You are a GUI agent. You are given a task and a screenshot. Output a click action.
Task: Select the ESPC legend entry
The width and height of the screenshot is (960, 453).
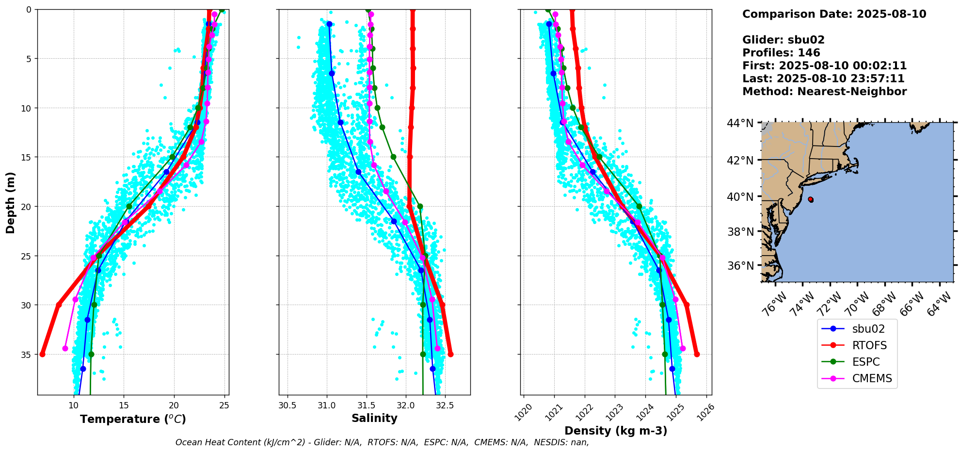(865, 362)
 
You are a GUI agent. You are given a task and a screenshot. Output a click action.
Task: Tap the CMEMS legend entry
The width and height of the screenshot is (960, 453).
(872, 378)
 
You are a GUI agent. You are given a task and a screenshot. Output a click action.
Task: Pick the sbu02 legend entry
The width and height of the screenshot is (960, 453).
(868, 329)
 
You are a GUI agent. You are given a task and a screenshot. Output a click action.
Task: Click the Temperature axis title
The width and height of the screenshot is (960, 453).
(133, 419)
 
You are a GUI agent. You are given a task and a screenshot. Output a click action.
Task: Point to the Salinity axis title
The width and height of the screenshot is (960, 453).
(374, 419)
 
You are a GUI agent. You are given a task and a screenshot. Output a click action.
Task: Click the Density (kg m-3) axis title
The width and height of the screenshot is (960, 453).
(616, 431)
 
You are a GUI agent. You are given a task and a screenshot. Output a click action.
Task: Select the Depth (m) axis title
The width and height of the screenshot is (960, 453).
(11, 202)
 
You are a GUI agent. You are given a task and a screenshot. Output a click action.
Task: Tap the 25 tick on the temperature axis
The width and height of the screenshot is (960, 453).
(224, 405)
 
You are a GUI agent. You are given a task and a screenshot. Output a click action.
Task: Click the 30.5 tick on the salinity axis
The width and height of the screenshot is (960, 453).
(288, 405)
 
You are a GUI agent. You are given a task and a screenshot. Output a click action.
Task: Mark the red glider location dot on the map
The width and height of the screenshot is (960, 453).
(811, 199)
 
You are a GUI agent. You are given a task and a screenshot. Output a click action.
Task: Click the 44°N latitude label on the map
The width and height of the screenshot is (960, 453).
(740, 123)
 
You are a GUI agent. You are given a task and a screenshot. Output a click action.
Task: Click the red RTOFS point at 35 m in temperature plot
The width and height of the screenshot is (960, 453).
(42, 354)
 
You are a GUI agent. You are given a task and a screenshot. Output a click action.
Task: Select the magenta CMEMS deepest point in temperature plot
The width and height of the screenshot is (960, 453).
(65, 348)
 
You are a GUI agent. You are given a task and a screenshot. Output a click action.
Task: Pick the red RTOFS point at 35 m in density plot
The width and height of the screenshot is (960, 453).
(697, 354)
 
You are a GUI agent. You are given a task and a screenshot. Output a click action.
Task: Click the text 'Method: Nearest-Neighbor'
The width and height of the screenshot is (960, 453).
(824, 91)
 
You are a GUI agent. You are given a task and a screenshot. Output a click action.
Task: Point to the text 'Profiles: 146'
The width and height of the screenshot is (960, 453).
(781, 53)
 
